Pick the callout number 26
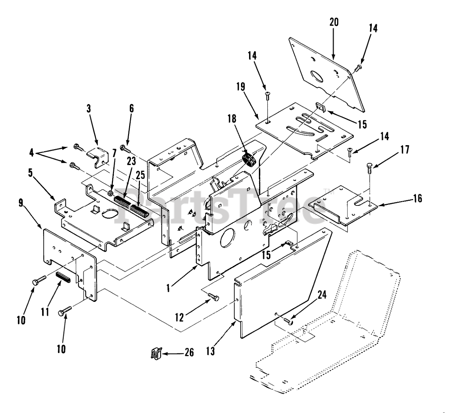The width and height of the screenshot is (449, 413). tap(189, 352)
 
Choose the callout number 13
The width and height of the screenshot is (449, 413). tap(210, 351)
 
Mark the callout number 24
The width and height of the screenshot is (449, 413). tap(322, 296)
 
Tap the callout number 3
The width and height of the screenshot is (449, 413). tap(88, 108)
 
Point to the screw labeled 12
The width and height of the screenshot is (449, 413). tap(213, 297)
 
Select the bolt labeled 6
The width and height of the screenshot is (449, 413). tap(125, 148)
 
